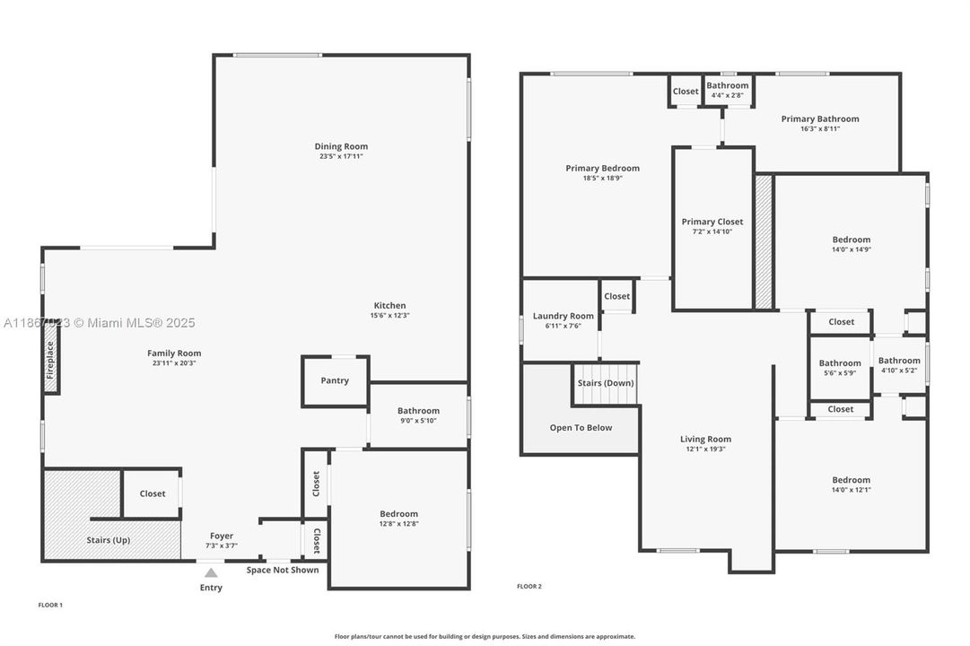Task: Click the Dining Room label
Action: click(x=341, y=146)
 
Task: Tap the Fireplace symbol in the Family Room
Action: click(x=51, y=367)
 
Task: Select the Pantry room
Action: click(x=335, y=380)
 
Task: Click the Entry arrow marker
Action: click(x=211, y=572)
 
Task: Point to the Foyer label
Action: click(x=222, y=536)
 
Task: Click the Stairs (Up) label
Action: click(x=108, y=540)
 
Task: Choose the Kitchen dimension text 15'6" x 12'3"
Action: click(x=389, y=315)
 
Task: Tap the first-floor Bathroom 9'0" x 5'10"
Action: click(x=418, y=415)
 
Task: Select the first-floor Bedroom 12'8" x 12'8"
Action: click(x=398, y=519)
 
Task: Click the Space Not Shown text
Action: click(x=283, y=570)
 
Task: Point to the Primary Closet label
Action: click(x=712, y=222)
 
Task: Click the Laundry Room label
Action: click(x=563, y=316)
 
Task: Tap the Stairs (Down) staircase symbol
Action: click(x=606, y=383)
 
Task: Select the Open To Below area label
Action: click(x=581, y=427)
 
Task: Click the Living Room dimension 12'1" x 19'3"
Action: click(x=705, y=449)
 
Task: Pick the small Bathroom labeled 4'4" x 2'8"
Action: click(x=727, y=90)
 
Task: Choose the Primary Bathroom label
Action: click(x=819, y=118)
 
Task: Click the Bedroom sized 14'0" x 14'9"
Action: click(x=851, y=244)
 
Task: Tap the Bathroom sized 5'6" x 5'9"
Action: click(x=840, y=368)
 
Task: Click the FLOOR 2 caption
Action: click(x=529, y=586)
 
